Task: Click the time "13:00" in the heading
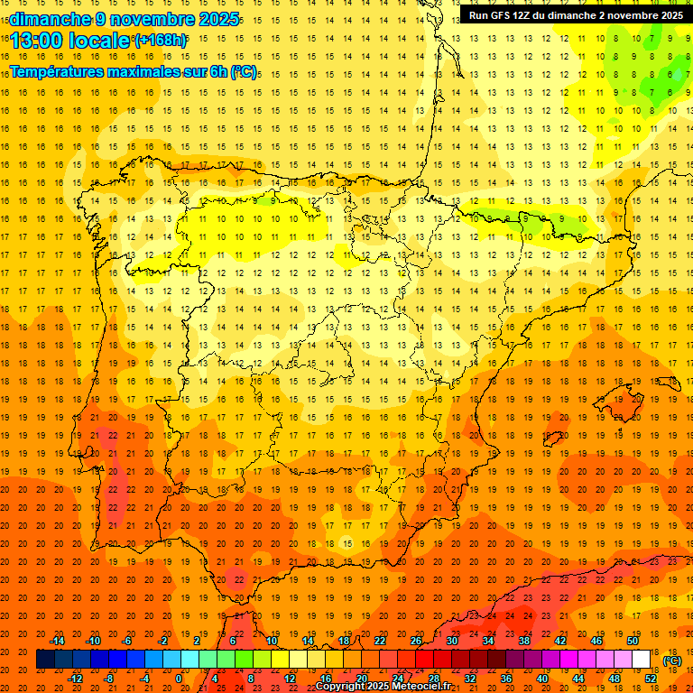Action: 38,41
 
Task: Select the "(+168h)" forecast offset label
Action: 161,41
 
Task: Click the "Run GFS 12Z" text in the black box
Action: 502,15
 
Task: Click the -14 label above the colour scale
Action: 57,641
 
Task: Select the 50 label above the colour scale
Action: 633,641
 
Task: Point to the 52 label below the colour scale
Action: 651,679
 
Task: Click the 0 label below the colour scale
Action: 179,679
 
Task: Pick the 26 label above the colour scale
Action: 416,641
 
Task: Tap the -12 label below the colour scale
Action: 75,679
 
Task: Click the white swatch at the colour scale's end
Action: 642,660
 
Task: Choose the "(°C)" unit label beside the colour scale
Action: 672,661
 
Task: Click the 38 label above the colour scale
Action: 524,641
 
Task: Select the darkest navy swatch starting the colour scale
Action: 45,660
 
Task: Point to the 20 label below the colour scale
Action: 361,679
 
